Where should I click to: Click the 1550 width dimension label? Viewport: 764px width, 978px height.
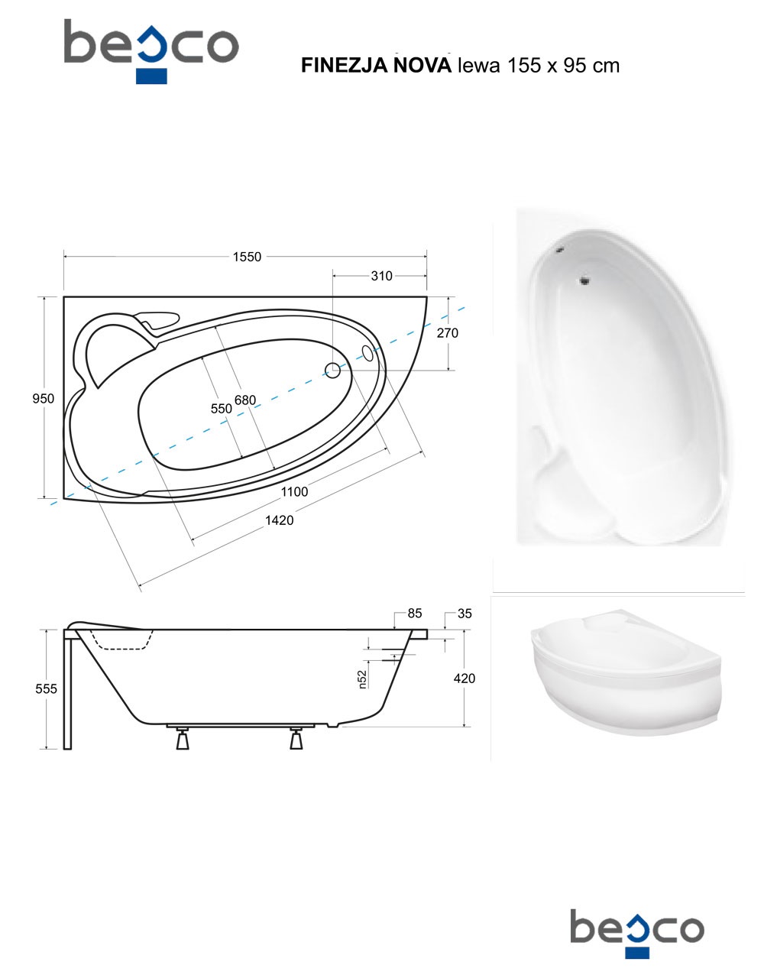247,257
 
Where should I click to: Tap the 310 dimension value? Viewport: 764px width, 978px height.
381,276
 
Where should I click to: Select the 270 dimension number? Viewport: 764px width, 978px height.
447,333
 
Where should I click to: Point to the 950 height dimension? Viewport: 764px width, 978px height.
44,398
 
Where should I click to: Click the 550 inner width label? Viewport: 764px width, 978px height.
222,408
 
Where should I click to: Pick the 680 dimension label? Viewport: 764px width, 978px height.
245,400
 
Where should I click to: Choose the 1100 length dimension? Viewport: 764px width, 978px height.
294,492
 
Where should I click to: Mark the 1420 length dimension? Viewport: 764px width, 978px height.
279,520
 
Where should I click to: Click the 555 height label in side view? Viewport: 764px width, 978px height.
47,688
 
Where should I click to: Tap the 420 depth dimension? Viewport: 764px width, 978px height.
465,678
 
